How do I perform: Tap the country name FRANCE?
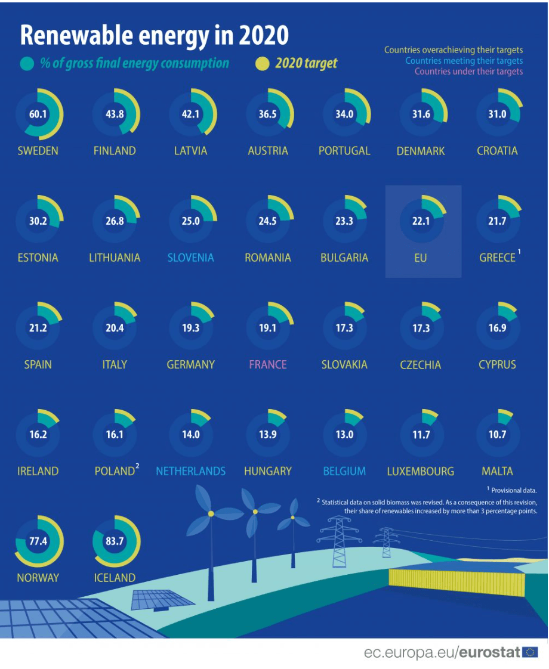pyautogui.click(x=267, y=364)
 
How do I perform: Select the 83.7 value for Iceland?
pyautogui.click(x=115, y=541)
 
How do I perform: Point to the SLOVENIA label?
pyautogui.click(x=191, y=258)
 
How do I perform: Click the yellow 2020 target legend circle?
pyautogui.click(x=262, y=64)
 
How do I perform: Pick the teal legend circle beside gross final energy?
pyautogui.click(x=27, y=64)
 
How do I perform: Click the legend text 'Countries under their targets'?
pyautogui.click(x=468, y=72)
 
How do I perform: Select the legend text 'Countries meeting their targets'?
pyautogui.click(x=464, y=61)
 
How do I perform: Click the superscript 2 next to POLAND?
pyautogui.click(x=137, y=467)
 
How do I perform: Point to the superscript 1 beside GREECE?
pyautogui.click(x=519, y=253)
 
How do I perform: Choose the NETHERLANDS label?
pyautogui.click(x=191, y=471)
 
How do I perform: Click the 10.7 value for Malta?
pyautogui.click(x=497, y=435)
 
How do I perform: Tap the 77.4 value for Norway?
pyautogui.click(x=38, y=541)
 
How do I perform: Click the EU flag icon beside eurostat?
pyautogui.click(x=530, y=652)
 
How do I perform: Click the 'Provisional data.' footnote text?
pyautogui.click(x=514, y=490)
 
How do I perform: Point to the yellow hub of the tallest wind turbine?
pyautogui.click(x=211, y=513)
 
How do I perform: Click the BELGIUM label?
pyautogui.click(x=344, y=471)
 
